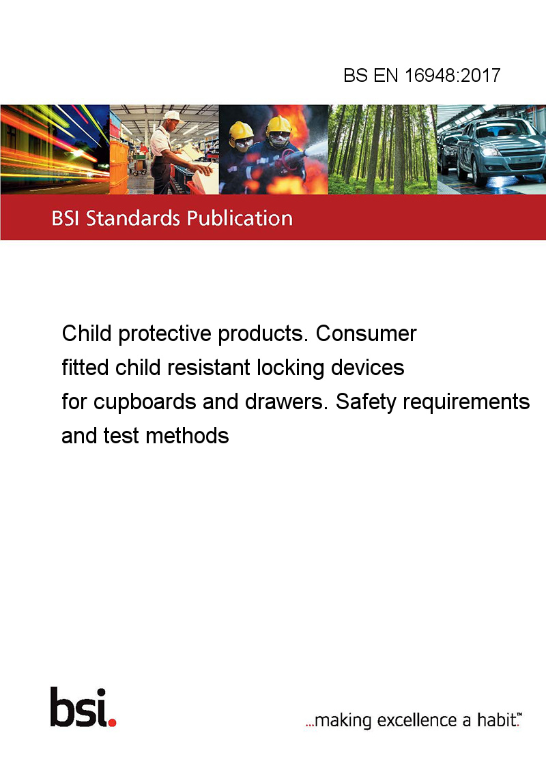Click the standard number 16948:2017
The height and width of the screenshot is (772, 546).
point(452,75)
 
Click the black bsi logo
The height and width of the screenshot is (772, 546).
point(79,707)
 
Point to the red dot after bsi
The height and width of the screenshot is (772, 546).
point(112,722)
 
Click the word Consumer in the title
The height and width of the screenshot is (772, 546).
point(366,333)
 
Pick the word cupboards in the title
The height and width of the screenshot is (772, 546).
point(145,402)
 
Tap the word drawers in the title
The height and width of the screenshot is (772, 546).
point(286,402)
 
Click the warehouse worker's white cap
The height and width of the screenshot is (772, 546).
point(172,116)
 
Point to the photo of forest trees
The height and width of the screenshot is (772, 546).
point(382,149)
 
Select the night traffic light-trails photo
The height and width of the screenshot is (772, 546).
point(55,149)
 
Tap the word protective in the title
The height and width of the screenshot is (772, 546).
point(165,333)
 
